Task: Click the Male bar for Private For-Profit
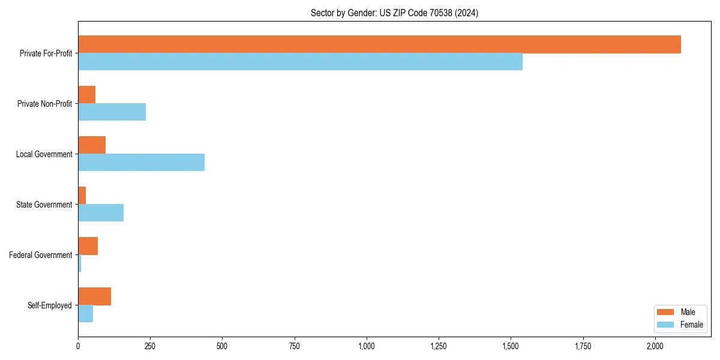(x=379, y=44)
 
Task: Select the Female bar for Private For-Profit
(x=300, y=62)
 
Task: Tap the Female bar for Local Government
(x=141, y=163)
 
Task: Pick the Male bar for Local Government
(x=92, y=145)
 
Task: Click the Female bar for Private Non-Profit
(x=112, y=112)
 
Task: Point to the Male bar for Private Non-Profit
(x=86, y=95)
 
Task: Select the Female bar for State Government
(x=101, y=213)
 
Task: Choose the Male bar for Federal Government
(x=88, y=246)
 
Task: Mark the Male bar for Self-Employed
(x=94, y=296)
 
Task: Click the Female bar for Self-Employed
(x=85, y=314)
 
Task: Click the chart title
(x=394, y=13)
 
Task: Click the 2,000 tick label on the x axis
(x=655, y=346)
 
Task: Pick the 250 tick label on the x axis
(x=150, y=346)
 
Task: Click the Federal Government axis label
(x=40, y=255)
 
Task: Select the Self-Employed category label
(x=49, y=305)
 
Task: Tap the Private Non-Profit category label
(x=44, y=104)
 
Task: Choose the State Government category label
(x=44, y=205)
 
